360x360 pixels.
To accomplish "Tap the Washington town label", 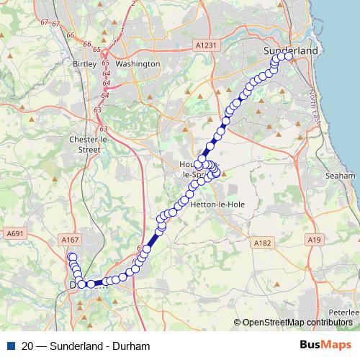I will coord(137,63).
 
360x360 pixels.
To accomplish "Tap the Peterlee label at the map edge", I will coord(348,312).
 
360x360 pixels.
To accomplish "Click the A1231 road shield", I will coord(206,45).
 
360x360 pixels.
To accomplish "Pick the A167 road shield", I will coord(70,240).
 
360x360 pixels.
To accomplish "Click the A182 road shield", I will coord(262,244).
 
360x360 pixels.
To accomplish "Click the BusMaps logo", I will coord(326,346).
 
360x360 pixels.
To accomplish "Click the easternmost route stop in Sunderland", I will coord(289,55).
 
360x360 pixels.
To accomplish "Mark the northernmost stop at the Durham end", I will coord(71,257).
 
